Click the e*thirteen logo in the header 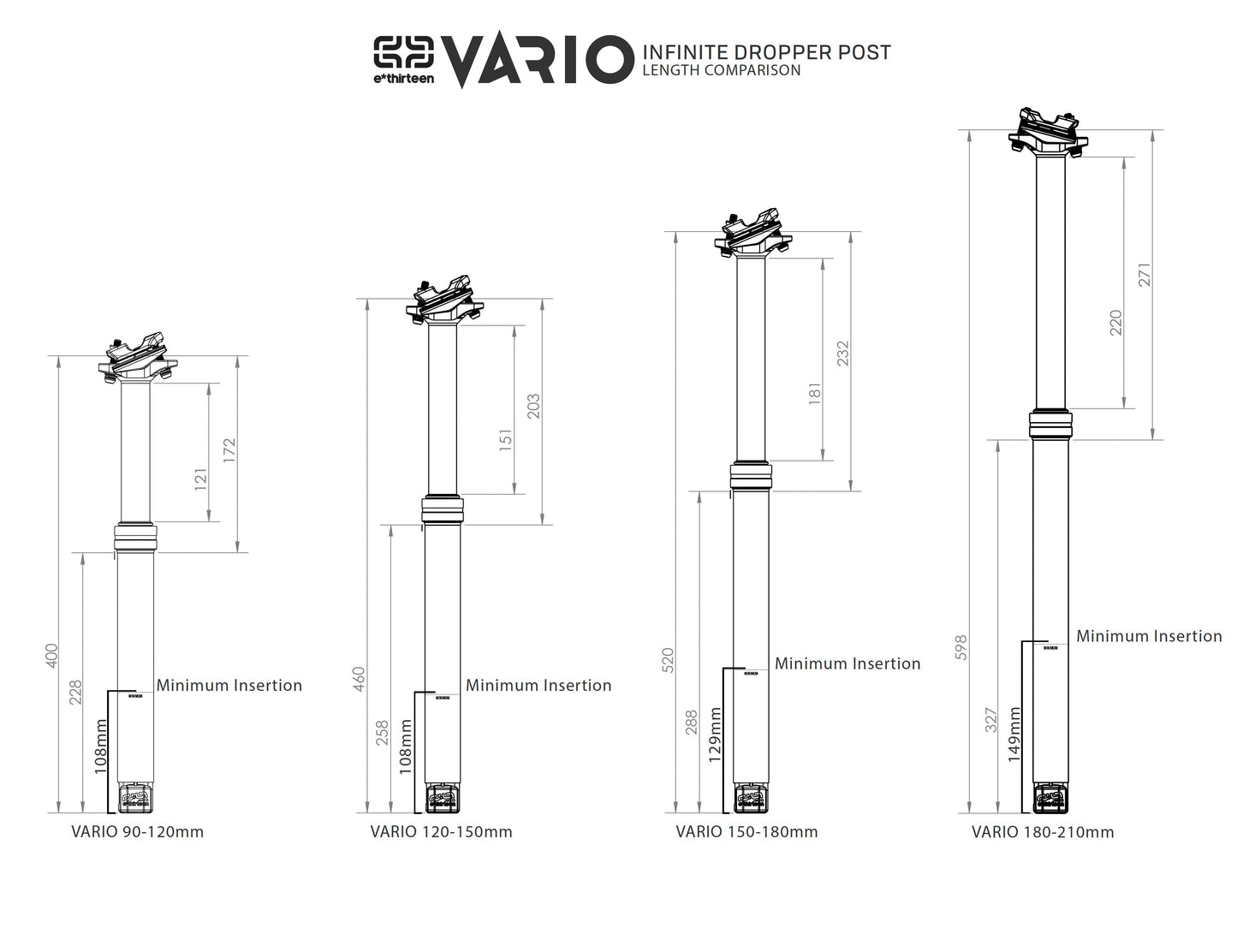(x=403, y=58)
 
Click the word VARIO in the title (x=535, y=60)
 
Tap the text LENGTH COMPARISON (x=721, y=70)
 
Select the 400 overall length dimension (x=51, y=657)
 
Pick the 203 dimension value (x=533, y=407)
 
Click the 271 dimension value (x=1145, y=274)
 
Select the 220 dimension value (x=1115, y=323)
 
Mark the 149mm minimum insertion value (x=1014, y=734)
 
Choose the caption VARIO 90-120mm (x=138, y=831)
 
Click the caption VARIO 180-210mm (x=1043, y=831)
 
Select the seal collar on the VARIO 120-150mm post (x=442, y=510)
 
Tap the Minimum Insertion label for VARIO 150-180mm (x=847, y=663)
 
